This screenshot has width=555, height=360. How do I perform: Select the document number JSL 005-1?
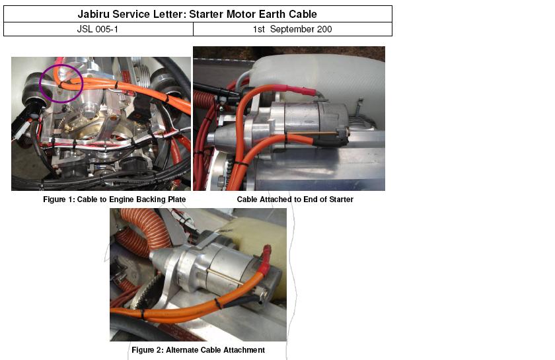[97, 29]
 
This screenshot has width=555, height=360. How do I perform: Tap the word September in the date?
[292, 29]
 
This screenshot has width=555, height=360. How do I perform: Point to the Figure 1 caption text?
[114, 199]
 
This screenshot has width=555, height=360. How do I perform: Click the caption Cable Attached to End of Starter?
[295, 199]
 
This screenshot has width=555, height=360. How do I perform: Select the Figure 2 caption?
[198, 350]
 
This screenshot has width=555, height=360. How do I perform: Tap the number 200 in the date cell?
[324, 29]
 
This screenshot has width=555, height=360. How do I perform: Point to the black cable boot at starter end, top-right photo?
[330, 141]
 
